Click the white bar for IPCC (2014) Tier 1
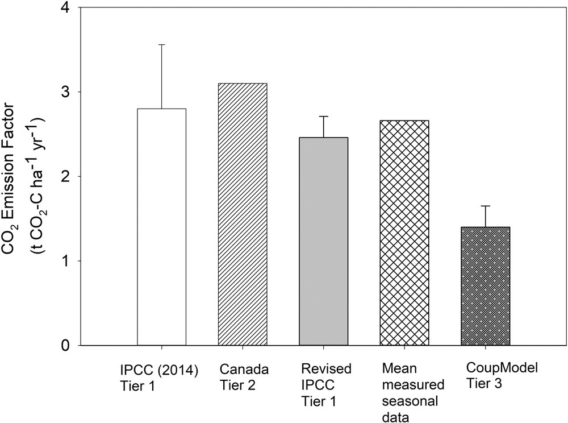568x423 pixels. click(162, 227)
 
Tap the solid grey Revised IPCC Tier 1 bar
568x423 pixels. click(323, 241)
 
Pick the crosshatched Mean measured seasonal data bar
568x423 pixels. click(404, 233)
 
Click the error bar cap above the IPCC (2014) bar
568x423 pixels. click(162, 44)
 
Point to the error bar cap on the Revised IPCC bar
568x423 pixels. click(323, 116)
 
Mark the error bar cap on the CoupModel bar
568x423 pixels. click(485, 206)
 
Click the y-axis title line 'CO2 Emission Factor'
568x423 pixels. click(16, 176)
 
